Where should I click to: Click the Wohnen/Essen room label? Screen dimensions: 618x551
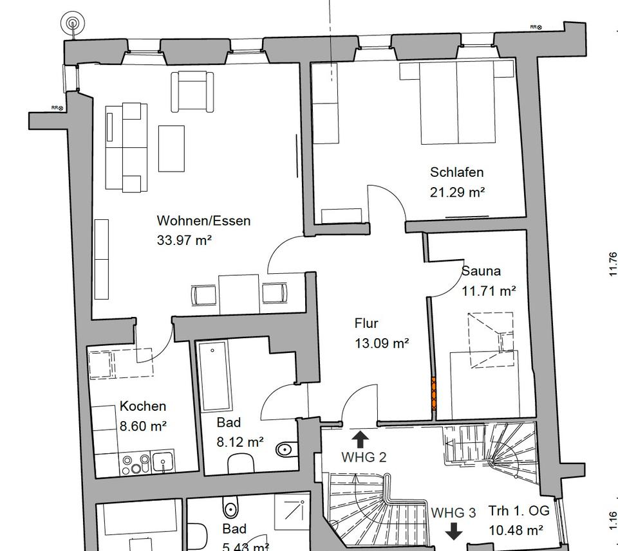tap(203, 221)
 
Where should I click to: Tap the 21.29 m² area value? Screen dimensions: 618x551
tap(457, 192)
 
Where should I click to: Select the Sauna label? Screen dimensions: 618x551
tap(481, 271)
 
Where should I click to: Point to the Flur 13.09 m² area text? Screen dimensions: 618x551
tap(382, 343)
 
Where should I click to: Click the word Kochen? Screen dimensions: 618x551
tap(143, 406)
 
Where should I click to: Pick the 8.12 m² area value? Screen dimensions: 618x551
tap(239, 442)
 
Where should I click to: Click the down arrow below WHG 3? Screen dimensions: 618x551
tap(454, 531)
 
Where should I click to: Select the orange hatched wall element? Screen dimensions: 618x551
tap(434, 393)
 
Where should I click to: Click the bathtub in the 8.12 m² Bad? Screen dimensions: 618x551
tap(215, 377)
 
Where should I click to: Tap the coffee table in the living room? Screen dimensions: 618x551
tap(172, 149)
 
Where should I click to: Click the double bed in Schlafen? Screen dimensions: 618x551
tap(458, 103)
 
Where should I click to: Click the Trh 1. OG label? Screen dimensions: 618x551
tap(518, 511)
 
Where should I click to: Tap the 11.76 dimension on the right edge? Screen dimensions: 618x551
tap(612, 264)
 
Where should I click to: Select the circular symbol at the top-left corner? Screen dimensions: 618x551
tap(72, 24)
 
